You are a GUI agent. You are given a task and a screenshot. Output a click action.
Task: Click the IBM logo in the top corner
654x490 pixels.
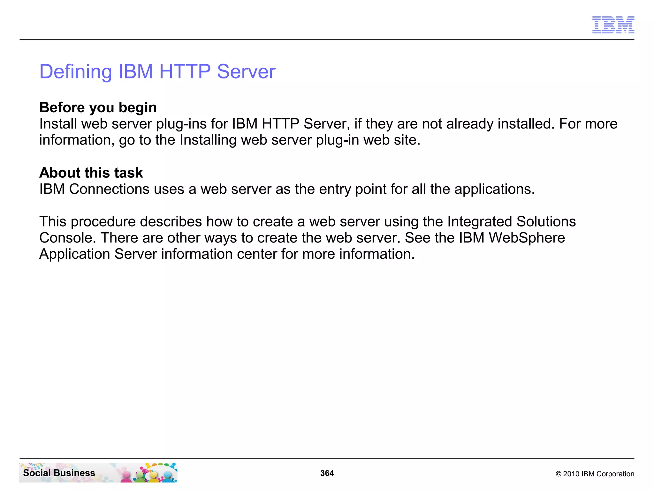(613, 25)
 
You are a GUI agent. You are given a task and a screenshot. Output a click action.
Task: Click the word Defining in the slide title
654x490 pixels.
(75, 72)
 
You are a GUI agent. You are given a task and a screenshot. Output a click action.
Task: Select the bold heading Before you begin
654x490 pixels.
(98, 108)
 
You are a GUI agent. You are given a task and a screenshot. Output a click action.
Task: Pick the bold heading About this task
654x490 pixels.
(91, 173)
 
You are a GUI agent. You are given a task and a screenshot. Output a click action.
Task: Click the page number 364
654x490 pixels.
(327, 473)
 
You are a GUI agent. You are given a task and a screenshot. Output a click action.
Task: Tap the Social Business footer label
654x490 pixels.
(59, 473)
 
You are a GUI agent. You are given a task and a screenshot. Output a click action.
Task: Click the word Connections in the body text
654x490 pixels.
(109, 189)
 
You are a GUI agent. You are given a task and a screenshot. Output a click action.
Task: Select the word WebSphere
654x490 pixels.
(527, 238)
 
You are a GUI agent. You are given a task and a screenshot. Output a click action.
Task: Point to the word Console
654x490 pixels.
(67, 238)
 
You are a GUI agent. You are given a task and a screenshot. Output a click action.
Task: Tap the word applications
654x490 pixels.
(494, 189)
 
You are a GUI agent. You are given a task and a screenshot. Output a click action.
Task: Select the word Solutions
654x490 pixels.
(546, 222)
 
